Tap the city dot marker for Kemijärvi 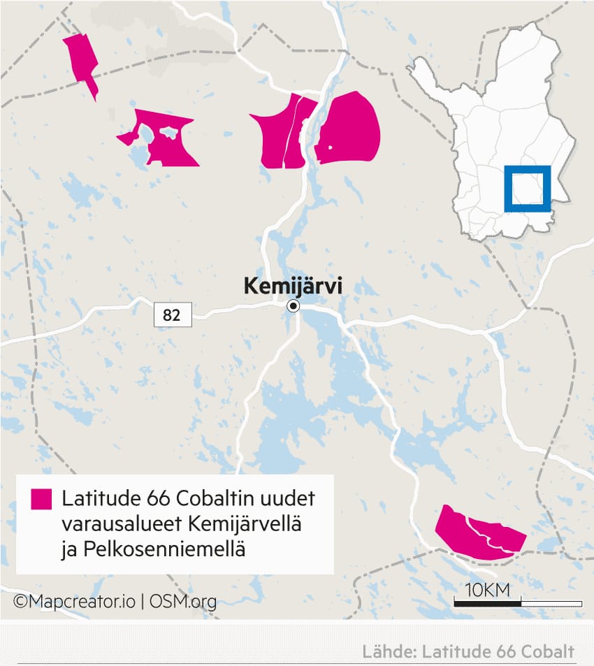[x=294, y=306]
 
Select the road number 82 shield [x=171, y=315]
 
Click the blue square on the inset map [x=528, y=188]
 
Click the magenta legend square [x=41, y=499]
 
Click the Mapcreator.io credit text [x=75, y=602]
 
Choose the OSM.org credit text [x=182, y=602]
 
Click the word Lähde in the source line [x=386, y=651]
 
